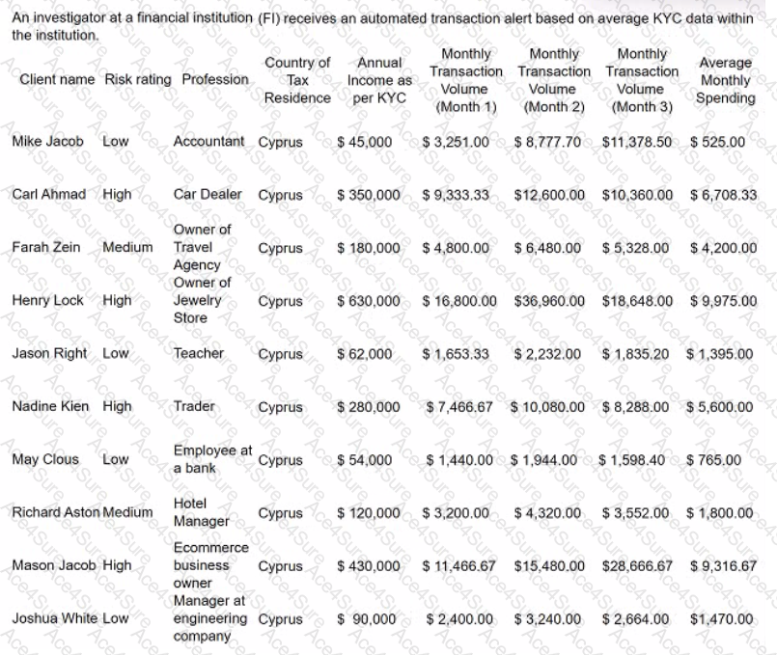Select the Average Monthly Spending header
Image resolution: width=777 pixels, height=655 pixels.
click(x=726, y=80)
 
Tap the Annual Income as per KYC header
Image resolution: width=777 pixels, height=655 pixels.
click(x=379, y=80)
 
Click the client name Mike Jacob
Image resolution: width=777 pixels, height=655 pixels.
click(x=47, y=141)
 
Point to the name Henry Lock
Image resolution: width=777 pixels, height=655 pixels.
click(x=47, y=300)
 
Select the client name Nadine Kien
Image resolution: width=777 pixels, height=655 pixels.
click(x=50, y=406)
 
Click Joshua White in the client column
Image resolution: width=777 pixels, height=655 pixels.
click(x=49, y=618)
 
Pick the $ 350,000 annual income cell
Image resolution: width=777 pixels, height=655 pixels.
click(x=368, y=194)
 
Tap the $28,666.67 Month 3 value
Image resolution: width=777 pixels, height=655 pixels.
click(x=637, y=565)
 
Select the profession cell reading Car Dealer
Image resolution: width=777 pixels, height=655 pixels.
click(x=208, y=194)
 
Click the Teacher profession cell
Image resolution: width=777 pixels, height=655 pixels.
click(x=198, y=353)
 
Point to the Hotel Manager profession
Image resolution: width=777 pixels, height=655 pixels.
click(x=201, y=512)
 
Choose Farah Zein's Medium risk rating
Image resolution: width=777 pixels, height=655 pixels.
click(x=127, y=247)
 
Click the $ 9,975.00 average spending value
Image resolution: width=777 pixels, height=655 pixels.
click(x=723, y=300)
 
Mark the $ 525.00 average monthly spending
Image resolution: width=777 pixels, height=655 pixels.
click(x=717, y=141)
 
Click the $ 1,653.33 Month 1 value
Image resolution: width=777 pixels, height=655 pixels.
click(x=456, y=353)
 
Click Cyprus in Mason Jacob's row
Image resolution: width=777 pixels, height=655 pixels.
click(x=280, y=566)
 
